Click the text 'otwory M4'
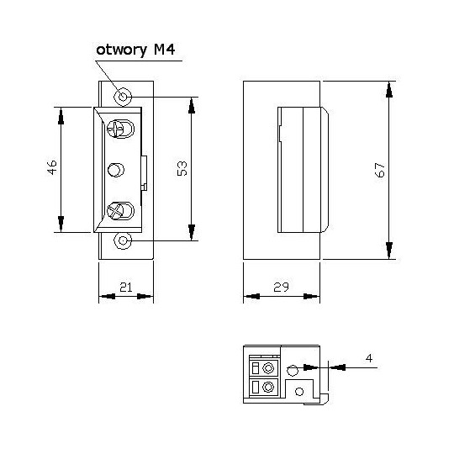135,51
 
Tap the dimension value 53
181,168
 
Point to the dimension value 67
379,169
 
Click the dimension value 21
125,288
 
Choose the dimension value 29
281,288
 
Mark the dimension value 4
370,358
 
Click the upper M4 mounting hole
124,96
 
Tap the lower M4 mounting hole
124,241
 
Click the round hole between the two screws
116,170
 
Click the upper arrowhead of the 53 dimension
192,106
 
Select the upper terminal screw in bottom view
268,368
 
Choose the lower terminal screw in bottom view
268,388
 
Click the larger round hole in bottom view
292,370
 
